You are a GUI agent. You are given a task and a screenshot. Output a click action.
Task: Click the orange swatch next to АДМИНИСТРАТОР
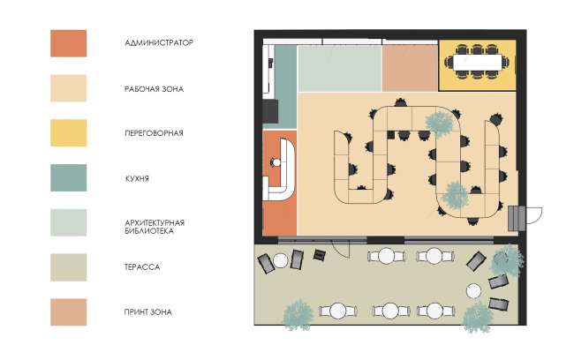tap(69, 43)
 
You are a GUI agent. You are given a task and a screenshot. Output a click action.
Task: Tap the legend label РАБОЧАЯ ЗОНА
tap(155, 89)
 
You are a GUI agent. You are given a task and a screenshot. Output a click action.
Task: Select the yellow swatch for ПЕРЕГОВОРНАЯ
tap(69, 133)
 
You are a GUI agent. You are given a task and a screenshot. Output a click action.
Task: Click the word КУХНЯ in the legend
tap(137, 178)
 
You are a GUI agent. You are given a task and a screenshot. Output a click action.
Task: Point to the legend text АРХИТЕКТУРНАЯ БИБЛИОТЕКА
tap(155, 227)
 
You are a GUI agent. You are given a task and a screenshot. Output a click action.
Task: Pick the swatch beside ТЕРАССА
tap(69, 267)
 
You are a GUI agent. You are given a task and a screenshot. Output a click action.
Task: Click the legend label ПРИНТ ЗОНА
tap(147, 312)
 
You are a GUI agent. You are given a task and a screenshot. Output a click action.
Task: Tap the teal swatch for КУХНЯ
tap(69, 178)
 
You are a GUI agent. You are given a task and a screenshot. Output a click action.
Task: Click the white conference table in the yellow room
tap(478, 62)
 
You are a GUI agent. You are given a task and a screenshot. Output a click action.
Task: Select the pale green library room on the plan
tap(340, 69)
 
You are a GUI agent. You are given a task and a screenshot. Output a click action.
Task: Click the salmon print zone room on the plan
tap(410, 68)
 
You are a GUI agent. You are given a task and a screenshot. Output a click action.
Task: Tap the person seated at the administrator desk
tap(276, 162)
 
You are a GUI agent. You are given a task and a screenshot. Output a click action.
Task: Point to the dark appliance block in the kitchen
tap(270, 111)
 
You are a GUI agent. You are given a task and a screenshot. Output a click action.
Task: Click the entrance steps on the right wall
tap(517, 219)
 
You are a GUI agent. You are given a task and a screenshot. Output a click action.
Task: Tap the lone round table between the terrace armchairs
tap(473, 291)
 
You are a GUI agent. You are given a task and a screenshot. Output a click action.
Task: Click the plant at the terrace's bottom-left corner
tap(298, 315)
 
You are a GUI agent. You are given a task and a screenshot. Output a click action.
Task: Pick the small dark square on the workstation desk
tap(391, 135)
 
